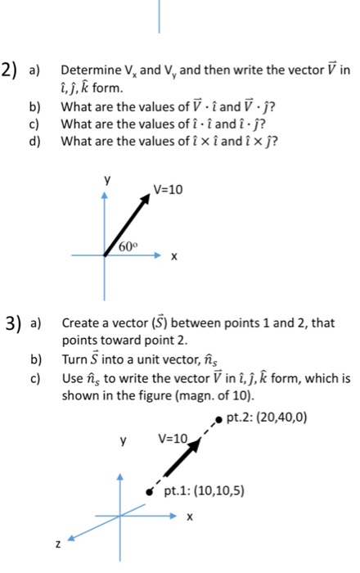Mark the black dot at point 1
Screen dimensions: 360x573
pyautogui.click(x=150, y=493)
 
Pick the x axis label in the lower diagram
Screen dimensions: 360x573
pyautogui.click(x=190, y=517)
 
